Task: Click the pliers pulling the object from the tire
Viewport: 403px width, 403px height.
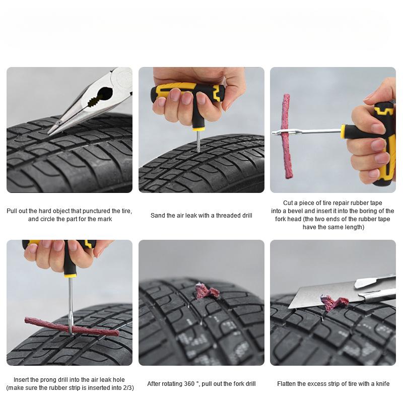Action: [x=96, y=98]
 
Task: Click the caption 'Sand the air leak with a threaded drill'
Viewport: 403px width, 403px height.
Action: [x=201, y=216]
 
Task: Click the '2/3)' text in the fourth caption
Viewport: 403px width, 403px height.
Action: [x=127, y=388]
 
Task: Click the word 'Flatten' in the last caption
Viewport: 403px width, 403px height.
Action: [x=287, y=384]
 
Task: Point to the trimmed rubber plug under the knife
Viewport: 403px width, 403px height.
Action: [x=334, y=303]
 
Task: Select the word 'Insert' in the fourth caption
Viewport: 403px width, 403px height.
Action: [x=23, y=380]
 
